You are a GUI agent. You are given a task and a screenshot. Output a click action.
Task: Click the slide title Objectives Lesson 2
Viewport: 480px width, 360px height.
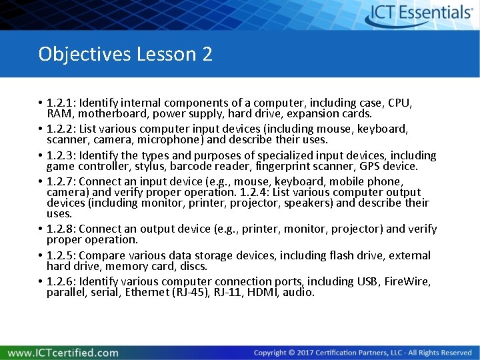[x=125, y=53]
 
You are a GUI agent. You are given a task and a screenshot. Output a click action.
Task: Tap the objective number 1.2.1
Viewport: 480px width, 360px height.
[x=61, y=103]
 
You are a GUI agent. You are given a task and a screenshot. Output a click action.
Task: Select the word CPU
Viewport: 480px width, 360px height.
[x=400, y=103]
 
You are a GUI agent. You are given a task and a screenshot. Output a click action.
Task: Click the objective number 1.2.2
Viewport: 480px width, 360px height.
[x=61, y=129]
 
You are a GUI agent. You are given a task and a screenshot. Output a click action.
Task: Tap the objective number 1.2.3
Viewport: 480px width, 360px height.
[x=61, y=155]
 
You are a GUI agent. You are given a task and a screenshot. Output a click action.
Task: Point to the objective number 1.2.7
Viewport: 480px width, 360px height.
[x=61, y=181]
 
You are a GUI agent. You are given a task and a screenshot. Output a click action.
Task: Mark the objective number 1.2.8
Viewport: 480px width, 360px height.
[x=61, y=229]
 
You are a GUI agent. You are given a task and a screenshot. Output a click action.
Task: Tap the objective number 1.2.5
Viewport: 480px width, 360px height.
[x=61, y=255]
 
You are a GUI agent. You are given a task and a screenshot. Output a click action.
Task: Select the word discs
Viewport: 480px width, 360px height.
[x=193, y=266]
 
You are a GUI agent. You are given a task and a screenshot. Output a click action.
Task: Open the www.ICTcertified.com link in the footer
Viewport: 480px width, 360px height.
[x=63, y=353]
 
